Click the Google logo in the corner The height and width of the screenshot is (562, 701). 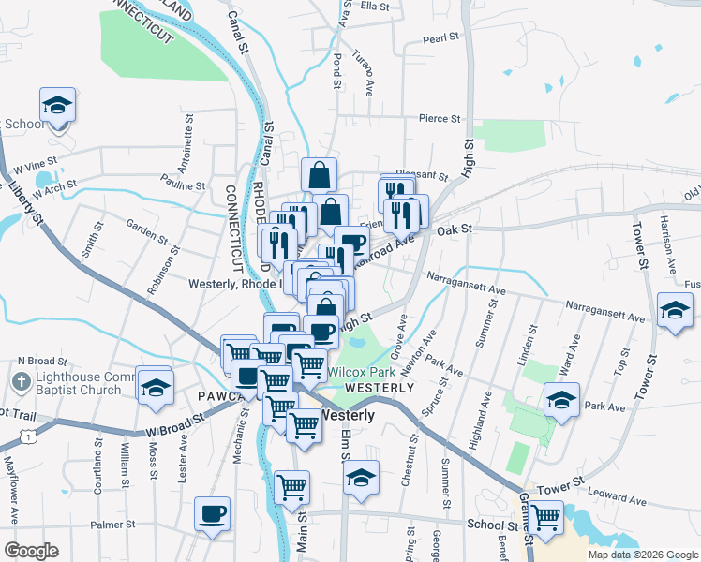point(31,551)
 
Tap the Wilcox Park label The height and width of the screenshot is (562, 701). point(363,372)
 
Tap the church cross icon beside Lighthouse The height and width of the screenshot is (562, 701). point(20,382)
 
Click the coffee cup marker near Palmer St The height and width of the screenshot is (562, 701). point(212,513)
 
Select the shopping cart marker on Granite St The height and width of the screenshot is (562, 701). point(545,515)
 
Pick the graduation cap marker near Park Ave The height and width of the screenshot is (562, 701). point(561,400)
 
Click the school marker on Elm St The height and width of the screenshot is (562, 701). point(361,477)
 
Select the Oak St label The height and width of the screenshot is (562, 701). point(451,229)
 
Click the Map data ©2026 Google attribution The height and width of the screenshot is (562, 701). point(642,555)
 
